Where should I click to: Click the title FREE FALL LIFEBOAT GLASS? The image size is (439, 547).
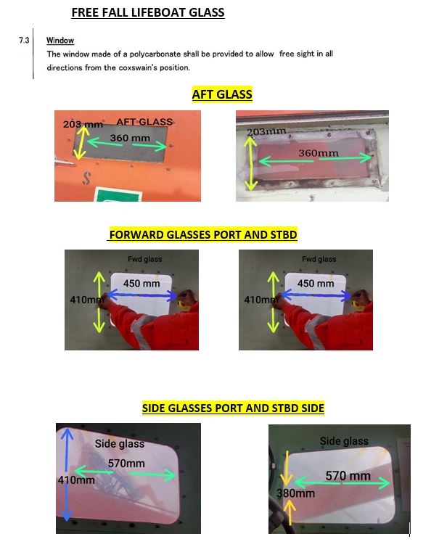(x=148, y=12)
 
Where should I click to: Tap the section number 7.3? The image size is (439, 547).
(x=24, y=41)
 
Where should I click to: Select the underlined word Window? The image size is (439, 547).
(x=60, y=41)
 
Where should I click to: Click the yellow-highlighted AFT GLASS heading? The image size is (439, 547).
(x=222, y=94)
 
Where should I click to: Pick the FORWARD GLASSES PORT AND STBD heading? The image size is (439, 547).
(x=203, y=235)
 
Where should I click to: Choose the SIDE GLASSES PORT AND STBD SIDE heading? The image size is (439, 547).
(x=233, y=408)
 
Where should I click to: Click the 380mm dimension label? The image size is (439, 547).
(x=295, y=493)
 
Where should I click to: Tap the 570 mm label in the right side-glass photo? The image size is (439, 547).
(x=348, y=475)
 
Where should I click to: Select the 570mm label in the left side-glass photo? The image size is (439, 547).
(x=126, y=464)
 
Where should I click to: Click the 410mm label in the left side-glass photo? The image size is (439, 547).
(x=76, y=480)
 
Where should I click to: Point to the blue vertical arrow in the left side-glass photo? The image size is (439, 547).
(x=67, y=474)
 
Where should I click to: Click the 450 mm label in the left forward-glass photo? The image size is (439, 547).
(x=141, y=283)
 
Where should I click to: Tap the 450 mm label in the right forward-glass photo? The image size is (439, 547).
(x=316, y=283)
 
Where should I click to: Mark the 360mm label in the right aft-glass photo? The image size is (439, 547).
(x=319, y=153)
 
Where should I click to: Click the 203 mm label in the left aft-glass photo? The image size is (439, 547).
(x=83, y=124)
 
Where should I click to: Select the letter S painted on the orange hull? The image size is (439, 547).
(x=86, y=178)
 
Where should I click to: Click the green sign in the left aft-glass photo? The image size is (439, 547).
(x=118, y=194)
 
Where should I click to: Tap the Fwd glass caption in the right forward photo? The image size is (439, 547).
(x=319, y=259)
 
